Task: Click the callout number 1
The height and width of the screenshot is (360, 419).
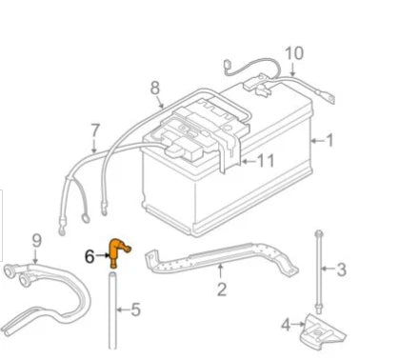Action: coord(330,141)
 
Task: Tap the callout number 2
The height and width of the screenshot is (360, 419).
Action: coord(222,289)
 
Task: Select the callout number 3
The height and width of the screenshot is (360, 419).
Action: coord(343,270)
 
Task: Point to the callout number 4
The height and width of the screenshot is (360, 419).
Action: coord(285,326)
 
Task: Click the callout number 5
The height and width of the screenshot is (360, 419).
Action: coord(135,309)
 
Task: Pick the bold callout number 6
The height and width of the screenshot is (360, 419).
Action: coord(90,255)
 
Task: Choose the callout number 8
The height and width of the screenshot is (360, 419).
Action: coord(155,89)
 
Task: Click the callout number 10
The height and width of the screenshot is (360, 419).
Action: coord(293,52)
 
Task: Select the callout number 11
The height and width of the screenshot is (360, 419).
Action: coord(266,161)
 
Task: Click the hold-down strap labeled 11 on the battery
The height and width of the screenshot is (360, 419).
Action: coord(228,148)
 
